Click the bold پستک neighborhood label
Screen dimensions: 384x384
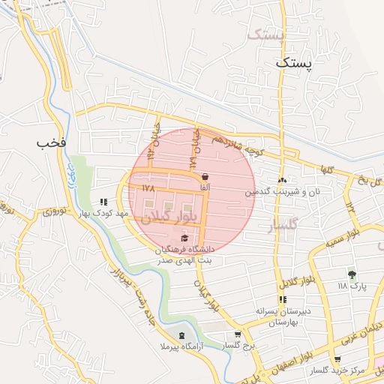291,64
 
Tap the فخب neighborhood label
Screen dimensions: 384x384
47,142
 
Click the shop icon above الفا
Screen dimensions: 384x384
205,175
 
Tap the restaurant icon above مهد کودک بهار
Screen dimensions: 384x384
103,202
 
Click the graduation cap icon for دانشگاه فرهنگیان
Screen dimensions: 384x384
184,238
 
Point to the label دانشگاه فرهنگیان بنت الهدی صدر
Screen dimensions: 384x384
184,254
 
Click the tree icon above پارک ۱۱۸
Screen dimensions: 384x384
351,275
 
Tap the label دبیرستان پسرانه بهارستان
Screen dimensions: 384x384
283,316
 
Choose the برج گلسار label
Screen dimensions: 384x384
240,346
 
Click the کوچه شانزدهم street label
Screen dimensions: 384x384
236,145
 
